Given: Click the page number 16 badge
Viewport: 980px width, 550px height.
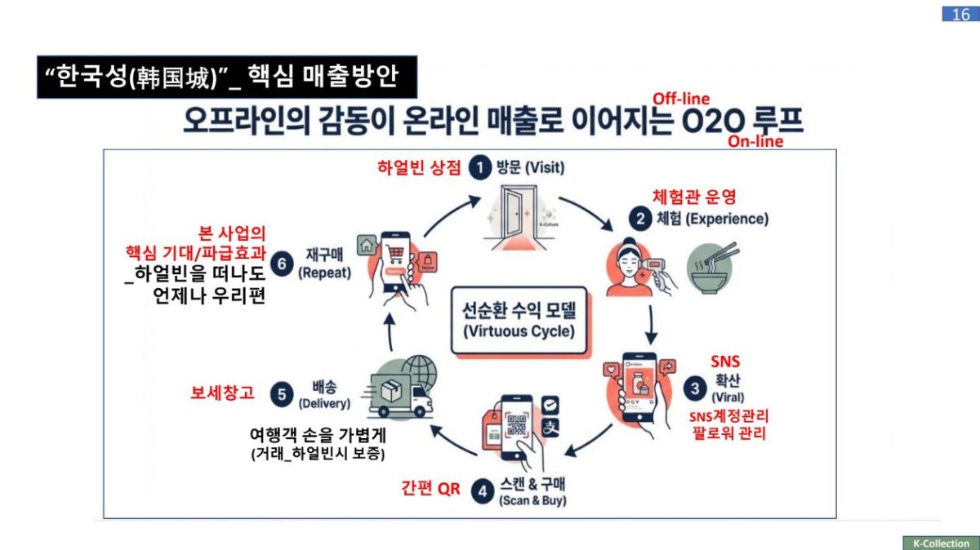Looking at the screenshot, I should tap(961, 14).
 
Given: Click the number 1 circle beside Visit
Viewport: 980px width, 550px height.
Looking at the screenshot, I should tap(481, 168).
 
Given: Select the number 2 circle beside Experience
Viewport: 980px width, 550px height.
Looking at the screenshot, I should tap(639, 219).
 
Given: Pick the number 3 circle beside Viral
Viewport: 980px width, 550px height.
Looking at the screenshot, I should tap(695, 388).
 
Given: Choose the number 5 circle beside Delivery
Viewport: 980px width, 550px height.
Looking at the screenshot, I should tap(282, 394).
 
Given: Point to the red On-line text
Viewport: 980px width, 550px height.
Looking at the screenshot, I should tap(755, 141).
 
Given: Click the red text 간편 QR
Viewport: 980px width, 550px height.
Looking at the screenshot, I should tap(430, 490).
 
